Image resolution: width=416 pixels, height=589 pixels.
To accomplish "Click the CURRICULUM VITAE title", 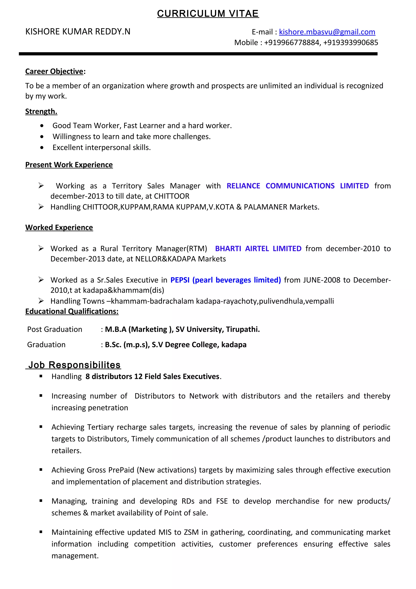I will [x=208, y=14].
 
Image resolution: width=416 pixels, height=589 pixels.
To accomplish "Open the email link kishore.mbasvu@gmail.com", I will [x=327, y=32].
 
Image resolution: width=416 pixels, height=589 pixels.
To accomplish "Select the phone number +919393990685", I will [x=350, y=43].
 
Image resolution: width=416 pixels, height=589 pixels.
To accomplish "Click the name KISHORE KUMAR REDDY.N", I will [x=78, y=32].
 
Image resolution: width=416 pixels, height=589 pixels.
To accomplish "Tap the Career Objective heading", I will [x=54, y=71].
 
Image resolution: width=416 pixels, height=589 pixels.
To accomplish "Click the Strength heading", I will [x=41, y=112].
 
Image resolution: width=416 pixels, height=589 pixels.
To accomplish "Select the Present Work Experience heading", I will [x=69, y=165].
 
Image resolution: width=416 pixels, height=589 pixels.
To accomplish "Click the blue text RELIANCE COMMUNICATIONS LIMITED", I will [x=297, y=186].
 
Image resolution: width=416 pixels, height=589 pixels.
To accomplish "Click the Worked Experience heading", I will [x=59, y=228].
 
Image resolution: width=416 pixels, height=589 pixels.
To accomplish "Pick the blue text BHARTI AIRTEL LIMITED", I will [x=258, y=249].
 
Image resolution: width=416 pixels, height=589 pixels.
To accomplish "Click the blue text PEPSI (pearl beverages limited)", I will [x=225, y=280].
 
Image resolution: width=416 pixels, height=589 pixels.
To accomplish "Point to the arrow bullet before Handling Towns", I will [x=41, y=301].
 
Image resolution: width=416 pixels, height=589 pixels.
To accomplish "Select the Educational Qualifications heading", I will [x=72, y=311].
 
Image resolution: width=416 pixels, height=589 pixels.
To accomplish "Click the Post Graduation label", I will [x=55, y=329].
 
